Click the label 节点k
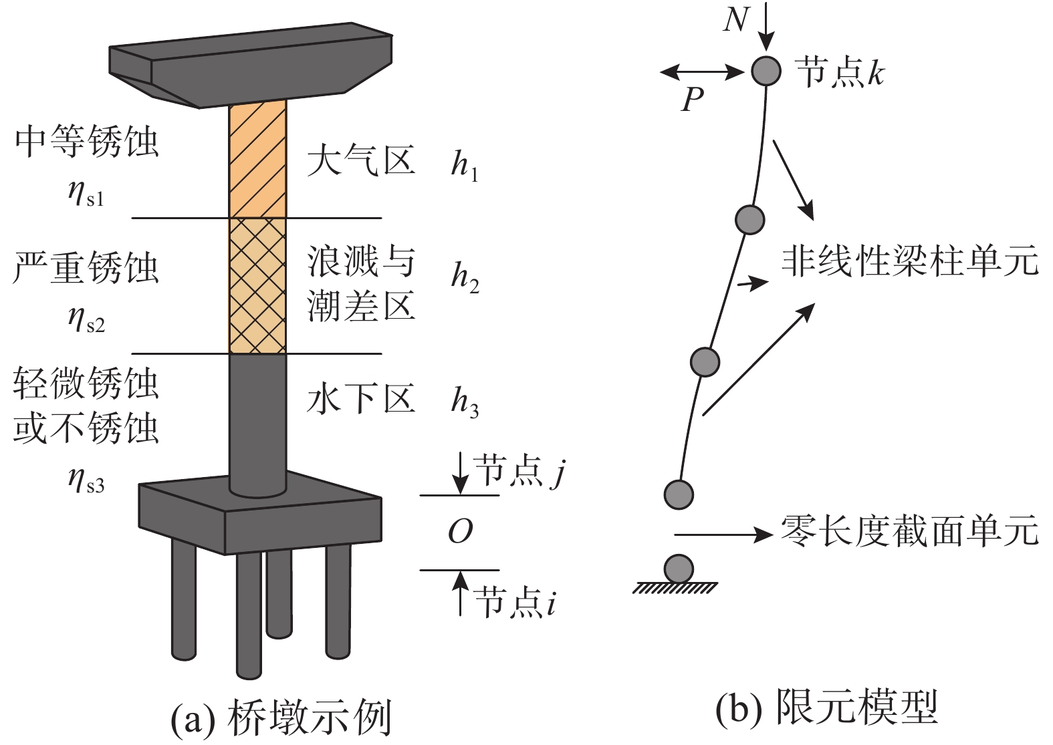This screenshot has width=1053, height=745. click(x=839, y=72)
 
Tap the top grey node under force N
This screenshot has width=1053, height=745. click(x=766, y=70)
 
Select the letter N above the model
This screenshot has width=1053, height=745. click(x=735, y=20)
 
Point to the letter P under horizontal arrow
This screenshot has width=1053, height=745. click(x=693, y=100)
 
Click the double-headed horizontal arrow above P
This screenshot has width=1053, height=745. click(x=702, y=71)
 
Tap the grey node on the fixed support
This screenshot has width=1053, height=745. click(x=679, y=569)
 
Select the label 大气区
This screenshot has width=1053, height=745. click(x=361, y=161)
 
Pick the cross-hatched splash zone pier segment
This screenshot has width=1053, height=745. click(x=257, y=285)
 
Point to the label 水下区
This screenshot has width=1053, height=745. click(x=361, y=398)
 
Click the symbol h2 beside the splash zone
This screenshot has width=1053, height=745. click(x=465, y=277)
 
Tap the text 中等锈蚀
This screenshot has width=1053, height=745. click(x=86, y=142)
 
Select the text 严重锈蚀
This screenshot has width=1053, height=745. click(x=86, y=267)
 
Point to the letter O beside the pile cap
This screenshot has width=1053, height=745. click(x=460, y=532)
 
